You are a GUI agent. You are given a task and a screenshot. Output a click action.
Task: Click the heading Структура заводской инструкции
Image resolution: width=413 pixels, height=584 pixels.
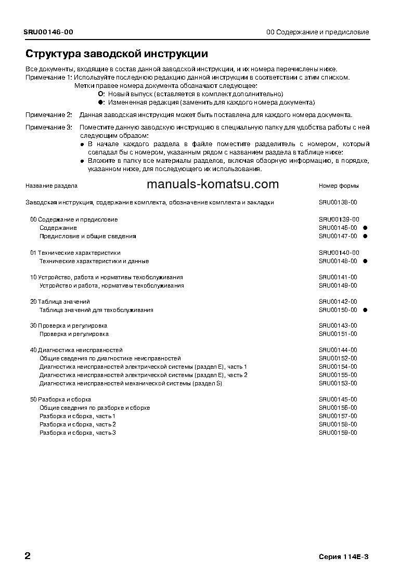[x=117, y=54]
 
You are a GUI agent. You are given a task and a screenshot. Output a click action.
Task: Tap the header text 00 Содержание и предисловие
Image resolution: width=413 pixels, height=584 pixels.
[x=317, y=32]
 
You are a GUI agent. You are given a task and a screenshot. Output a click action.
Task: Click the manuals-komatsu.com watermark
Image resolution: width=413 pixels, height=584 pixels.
[x=213, y=184]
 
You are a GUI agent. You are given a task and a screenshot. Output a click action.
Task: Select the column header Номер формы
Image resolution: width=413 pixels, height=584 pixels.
[x=339, y=186]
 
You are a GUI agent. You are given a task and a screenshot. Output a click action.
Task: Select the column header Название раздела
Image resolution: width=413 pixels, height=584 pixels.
[x=51, y=186]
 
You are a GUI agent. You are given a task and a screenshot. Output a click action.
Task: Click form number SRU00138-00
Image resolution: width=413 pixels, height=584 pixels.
[x=338, y=202]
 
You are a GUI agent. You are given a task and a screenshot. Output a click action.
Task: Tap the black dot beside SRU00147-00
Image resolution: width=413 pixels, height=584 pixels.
[x=365, y=236]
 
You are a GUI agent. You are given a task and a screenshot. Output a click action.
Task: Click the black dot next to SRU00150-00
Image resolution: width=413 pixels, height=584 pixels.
[x=365, y=310]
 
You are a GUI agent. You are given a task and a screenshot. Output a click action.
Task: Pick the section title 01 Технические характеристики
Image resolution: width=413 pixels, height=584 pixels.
[x=75, y=253]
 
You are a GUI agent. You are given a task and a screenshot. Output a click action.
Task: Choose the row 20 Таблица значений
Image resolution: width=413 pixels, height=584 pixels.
[x=60, y=302]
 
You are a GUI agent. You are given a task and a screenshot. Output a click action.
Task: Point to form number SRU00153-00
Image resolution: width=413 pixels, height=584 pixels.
[x=338, y=383]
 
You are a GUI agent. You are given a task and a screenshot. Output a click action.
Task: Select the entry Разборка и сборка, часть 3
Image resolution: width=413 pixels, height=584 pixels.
[x=78, y=433]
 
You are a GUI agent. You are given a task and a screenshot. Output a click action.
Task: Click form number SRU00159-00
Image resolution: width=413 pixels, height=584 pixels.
[x=338, y=433]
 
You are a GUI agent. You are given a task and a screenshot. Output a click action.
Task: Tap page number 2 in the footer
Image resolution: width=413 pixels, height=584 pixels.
[x=28, y=556]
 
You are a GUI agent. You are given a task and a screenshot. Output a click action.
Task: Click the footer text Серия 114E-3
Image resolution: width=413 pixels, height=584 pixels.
[x=343, y=557]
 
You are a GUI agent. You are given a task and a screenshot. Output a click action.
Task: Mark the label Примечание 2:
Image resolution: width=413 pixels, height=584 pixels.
[x=49, y=115]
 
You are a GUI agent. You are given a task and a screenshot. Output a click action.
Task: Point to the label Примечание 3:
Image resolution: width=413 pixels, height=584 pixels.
[x=49, y=127]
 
